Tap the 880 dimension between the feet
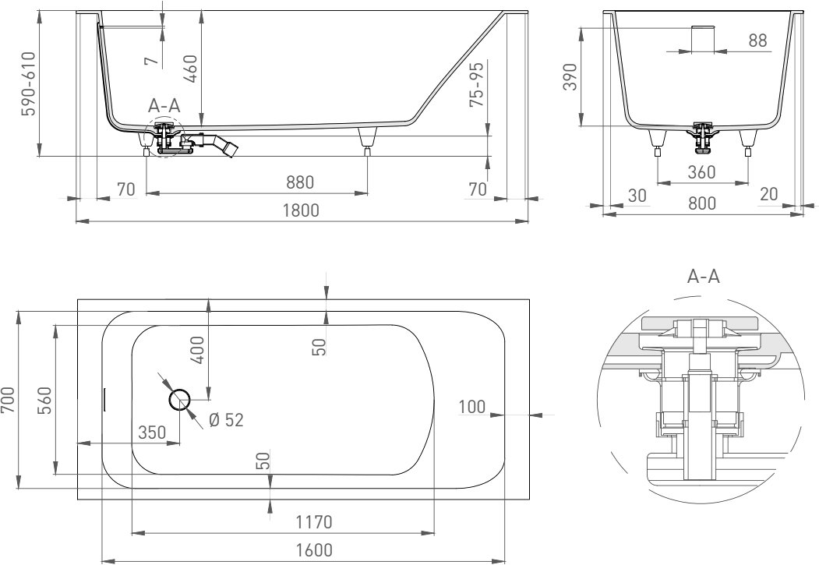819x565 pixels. [300, 182]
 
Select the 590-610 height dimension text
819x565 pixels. [28, 83]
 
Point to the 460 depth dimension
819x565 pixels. [190, 69]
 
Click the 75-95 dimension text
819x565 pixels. [477, 83]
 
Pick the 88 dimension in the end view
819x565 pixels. [757, 40]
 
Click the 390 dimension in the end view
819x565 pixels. [571, 76]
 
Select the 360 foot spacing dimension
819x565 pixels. [701, 171]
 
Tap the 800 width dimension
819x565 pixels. [701, 203]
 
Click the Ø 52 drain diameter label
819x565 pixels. [226, 420]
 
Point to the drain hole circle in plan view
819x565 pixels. [180, 400]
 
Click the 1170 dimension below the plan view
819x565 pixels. [314, 521]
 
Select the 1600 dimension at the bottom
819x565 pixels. [314, 550]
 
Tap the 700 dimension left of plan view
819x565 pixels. [9, 401]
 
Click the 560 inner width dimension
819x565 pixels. [45, 401]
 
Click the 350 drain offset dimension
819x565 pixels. [152, 433]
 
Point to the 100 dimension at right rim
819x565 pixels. [472, 406]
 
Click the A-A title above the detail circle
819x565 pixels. [704, 276]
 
